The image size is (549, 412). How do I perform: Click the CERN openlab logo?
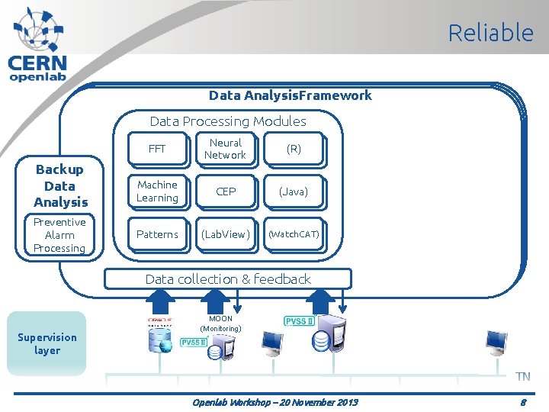pyautogui.click(x=38, y=44)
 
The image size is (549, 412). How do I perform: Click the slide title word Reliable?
pyautogui.click(x=490, y=33)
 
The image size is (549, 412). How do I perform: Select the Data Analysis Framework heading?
pyautogui.click(x=291, y=95)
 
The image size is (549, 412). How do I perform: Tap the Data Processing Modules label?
pyautogui.click(x=228, y=121)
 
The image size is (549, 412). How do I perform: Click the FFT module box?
pyautogui.click(x=157, y=149)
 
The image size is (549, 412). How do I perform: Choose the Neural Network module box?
pyautogui.click(x=225, y=149)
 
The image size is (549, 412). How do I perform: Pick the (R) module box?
pyautogui.click(x=294, y=150)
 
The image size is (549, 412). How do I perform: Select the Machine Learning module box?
pyautogui.click(x=157, y=192)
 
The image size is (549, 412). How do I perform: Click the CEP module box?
pyautogui.click(x=226, y=192)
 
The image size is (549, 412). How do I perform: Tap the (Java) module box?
pyautogui.click(x=294, y=192)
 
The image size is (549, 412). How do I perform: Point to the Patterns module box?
pyautogui.click(x=157, y=234)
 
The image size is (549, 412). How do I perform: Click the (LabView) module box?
pyautogui.click(x=226, y=234)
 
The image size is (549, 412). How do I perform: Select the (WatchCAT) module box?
pyautogui.click(x=294, y=234)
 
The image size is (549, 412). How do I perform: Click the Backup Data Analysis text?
pyautogui.click(x=60, y=185)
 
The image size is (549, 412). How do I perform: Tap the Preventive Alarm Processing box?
pyautogui.click(x=59, y=235)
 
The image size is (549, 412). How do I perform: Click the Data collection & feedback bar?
pyautogui.click(x=228, y=279)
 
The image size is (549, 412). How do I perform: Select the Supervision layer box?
pyautogui.click(x=47, y=343)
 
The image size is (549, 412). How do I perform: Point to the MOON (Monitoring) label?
pyautogui.click(x=220, y=323)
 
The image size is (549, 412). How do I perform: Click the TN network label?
pyautogui.click(x=522, y=376)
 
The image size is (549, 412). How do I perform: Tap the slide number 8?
pyautogui.click(x=523, y=401)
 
